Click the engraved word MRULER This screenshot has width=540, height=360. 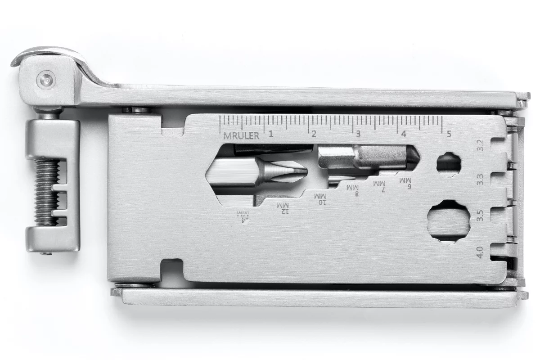click(242, 135)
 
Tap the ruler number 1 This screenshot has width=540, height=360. click(271, 134)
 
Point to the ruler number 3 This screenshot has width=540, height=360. click(358, 134)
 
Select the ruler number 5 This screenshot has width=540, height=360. click(448, 134)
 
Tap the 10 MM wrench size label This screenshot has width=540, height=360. click(321, 198)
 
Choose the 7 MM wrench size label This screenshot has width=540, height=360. click(382, 185)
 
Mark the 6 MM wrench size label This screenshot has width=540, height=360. click(409, 182)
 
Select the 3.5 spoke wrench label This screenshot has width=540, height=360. click(480, 216)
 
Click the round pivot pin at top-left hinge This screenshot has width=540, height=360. click(45, 80)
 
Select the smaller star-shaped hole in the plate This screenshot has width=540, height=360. click(448, 164)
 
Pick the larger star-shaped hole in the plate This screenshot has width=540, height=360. click(448, 221)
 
